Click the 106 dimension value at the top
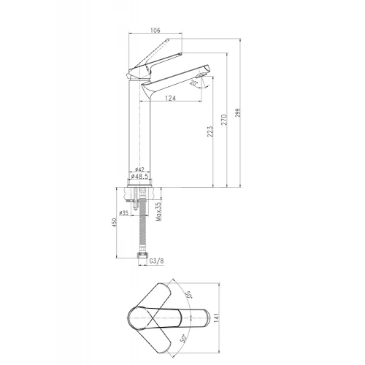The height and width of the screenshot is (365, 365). (x=155, y=30)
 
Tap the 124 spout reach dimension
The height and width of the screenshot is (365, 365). (x=170, y=99)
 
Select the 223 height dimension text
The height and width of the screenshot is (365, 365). (x=210, y=131)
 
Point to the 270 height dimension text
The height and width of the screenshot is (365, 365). (x=224, y=120)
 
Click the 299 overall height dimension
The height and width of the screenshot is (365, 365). (x=237, y=112)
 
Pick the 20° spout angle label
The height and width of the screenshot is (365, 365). (x=193, y=82)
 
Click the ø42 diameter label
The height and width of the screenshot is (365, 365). (x=139, y=169)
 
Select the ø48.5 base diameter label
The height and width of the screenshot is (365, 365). (x=139, y=176)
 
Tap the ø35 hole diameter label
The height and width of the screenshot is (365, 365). (x=124, y=213)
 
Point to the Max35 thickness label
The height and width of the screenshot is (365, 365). (x=158, y=212)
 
